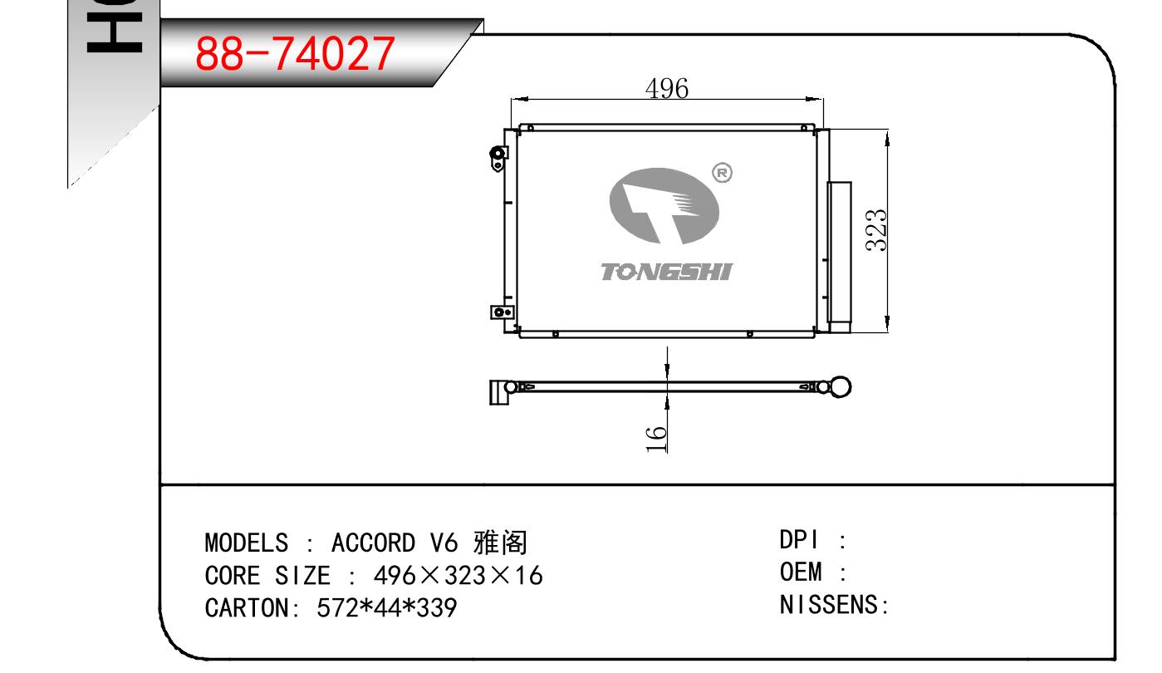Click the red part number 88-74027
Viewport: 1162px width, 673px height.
pos(295,53)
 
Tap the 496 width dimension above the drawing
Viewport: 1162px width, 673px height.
pos(667,88)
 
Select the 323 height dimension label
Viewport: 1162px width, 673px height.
pos(876,230)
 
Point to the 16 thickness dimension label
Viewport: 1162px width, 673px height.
pos(656,439)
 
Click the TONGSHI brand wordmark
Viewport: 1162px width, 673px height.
pos(667,272)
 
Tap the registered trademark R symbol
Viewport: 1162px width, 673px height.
pos(722,173)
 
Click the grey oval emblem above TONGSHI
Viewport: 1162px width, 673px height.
pos(664,205)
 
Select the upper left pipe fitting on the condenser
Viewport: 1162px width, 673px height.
pos(498,157)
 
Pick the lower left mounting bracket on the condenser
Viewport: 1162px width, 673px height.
pos(503,312)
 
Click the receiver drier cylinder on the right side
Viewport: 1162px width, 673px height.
pos(840,257)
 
